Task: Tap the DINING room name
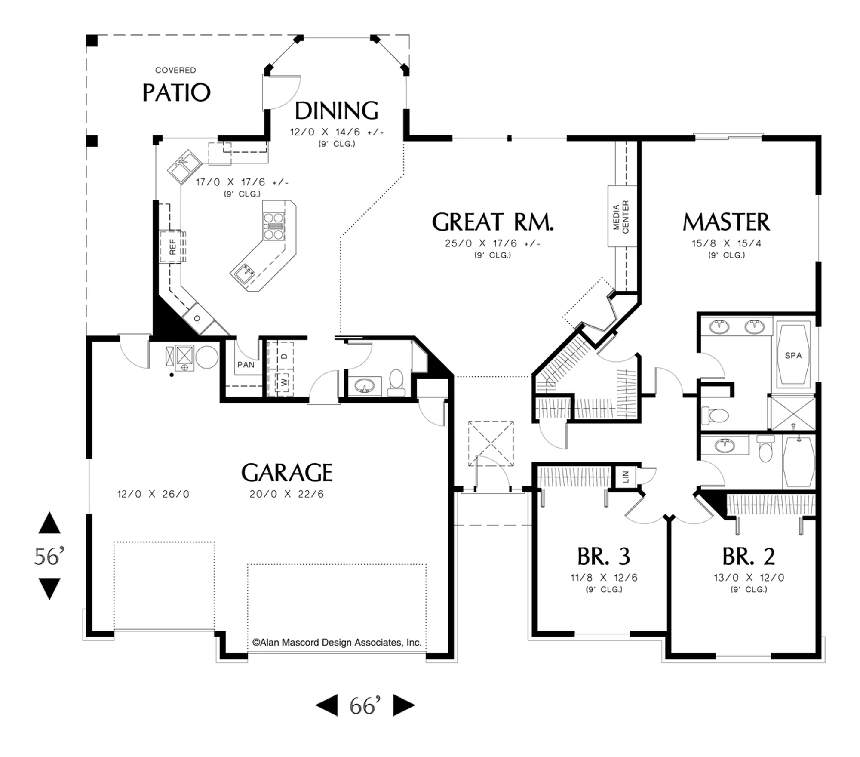[x=337, y=111]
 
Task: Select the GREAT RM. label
[x=493, y=222]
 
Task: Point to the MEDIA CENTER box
[x=622, y=216]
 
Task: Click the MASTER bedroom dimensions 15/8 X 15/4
[x=726, y=243]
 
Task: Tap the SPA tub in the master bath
[x=793, y=355]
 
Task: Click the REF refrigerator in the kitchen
[x=172, y=247]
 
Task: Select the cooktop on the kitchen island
[x=273, y=226]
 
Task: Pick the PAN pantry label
[x=246, y=365]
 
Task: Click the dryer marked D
[x=284, y=357]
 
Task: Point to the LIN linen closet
[x=625, y=477]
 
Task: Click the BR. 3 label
[x=604, y=556]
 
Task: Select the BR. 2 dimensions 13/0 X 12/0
[x=749, y=578]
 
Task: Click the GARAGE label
[x=287, y=473]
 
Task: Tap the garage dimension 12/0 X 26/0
[x=153, y=494]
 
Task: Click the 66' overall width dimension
[x=365, y=706]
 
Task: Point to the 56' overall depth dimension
[x=49, y=556]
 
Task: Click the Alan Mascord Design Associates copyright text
[x=337, y=643]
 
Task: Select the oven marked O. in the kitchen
[x=197, y=319]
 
